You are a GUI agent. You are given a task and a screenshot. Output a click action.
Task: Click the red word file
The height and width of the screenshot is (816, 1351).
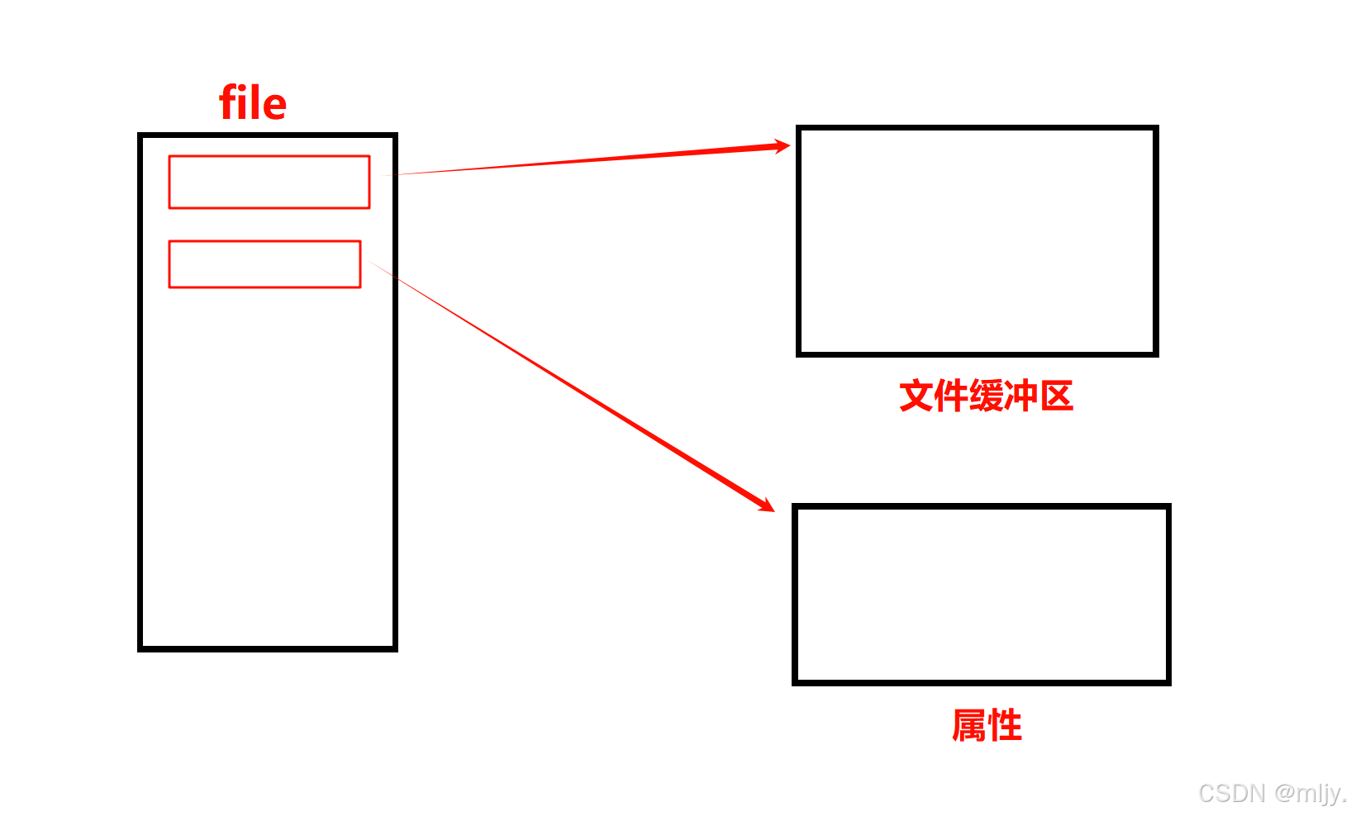(x=253, y=103)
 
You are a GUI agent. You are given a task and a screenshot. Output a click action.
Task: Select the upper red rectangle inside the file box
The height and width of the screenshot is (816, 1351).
(x=269, y=182)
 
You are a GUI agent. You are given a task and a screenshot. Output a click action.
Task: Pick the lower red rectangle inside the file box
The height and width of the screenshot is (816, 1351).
(x=264, y=264)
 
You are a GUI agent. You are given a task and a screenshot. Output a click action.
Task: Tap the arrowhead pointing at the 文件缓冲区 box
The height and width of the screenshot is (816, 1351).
(x=781, y=147)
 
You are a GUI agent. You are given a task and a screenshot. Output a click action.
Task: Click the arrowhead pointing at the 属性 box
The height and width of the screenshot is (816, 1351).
(x=766, y=505)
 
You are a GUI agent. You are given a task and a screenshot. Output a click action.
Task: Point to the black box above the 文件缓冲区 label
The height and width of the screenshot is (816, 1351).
(x=977, y=241)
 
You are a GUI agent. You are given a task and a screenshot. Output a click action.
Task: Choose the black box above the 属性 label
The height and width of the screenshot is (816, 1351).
(x=981, y=595)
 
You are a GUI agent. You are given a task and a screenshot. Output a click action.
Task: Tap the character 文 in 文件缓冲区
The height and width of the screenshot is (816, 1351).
(x=916, y=396)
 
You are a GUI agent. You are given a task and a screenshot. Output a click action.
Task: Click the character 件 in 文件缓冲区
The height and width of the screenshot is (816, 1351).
(x=951, y=396)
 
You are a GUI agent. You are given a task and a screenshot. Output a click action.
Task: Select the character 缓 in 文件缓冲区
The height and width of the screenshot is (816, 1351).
(x=987, y=396)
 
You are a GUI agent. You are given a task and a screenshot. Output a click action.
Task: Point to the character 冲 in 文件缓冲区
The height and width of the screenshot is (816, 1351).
(x=1021, y=396)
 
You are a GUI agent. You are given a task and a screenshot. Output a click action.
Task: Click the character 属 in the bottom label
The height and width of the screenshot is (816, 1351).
(x=969, y=726)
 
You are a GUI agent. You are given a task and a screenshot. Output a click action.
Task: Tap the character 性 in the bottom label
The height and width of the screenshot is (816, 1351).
(x=1005, y=726)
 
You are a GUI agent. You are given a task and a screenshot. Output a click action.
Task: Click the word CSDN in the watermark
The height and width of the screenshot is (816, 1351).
(x=1232, y=794)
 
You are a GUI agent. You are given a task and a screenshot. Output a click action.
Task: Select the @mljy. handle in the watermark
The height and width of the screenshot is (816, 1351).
(x=1311, y=794)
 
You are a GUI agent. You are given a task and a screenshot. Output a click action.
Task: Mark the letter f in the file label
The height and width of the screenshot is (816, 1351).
(x=228, y=103)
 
